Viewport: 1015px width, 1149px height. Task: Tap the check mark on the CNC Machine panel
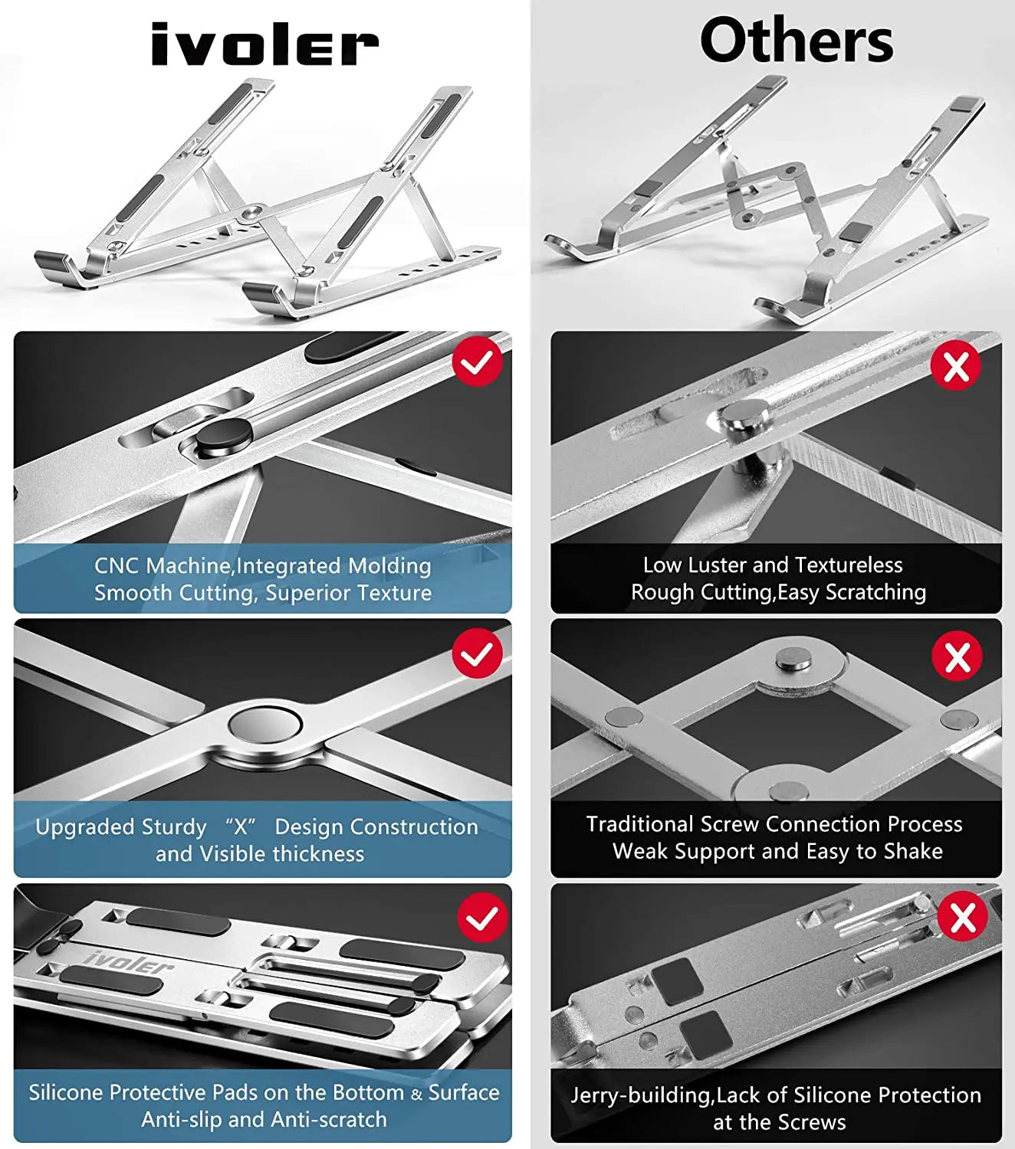click(x=477, y=361)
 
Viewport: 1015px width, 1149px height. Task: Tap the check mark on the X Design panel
click(x=477, y=653)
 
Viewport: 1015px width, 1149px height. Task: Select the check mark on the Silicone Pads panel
click(x=482, y=918)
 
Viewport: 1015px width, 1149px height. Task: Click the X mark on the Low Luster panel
click(x=956, y=366)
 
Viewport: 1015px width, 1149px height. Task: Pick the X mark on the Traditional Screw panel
click(x=957, y=656)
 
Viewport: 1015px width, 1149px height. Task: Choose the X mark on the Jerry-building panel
click(x=963, y=918)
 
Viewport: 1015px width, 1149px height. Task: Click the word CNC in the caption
click(x=117, y=566)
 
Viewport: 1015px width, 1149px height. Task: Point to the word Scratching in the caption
click(x=881, y=592)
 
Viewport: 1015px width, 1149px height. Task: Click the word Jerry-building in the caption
click(x=641, y=1095)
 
